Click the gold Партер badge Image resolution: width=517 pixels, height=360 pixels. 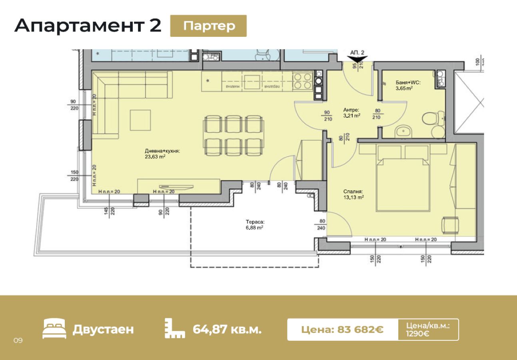pos(208,26)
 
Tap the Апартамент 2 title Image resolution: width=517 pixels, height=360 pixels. pos(88,26)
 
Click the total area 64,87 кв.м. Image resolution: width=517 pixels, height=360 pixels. pos(227,330)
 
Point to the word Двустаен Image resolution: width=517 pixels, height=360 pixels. pos(103,330)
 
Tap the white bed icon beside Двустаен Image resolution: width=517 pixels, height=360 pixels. pos(54,329)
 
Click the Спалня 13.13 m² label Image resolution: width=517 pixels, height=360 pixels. pos(353,194)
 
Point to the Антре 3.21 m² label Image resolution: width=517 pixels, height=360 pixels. pos(352,112)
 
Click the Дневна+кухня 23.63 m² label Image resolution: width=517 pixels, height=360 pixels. pos(162,154)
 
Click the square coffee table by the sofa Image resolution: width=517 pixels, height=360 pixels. pos(140,120)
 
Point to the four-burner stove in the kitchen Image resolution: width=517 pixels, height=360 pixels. pos(303,81)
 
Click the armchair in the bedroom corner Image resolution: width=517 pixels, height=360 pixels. pos(450,225)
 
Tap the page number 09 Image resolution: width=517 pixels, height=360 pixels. pos(18,340)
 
